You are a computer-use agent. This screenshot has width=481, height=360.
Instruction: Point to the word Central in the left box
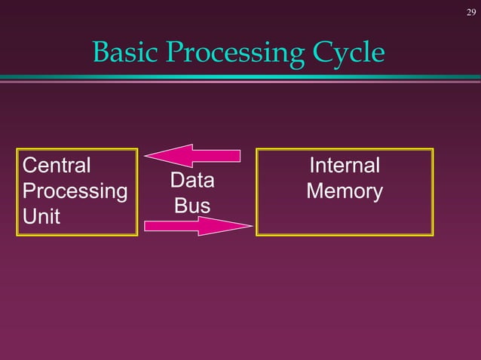pyautogui.click(x=57, y=165)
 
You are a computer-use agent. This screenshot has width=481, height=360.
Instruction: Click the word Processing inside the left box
pyautogui.click(x=75, y=191)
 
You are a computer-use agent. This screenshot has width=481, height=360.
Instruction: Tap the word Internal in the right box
pyautogui.click(x=345, y=166)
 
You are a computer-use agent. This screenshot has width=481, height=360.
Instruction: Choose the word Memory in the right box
pyautogui.click(x=345, y=191)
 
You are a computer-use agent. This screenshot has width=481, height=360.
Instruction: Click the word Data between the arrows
pyautogui.click(x=191, y=181)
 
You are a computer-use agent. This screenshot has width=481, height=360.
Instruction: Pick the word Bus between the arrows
pyautogui.click(x=191, y=205)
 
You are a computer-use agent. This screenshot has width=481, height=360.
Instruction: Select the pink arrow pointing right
pyautogui.click(x=196, y=225)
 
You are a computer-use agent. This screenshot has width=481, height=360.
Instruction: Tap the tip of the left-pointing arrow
pyautogui.click(x=146, y=156)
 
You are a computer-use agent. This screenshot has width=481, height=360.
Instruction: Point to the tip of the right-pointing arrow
pyautogui.click(x=251, y=225)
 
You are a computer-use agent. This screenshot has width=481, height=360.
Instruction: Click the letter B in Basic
pyautogui.click(x=100, y=53)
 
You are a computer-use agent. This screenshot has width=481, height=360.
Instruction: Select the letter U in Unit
pyautogui.click(x=30, y=217)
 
